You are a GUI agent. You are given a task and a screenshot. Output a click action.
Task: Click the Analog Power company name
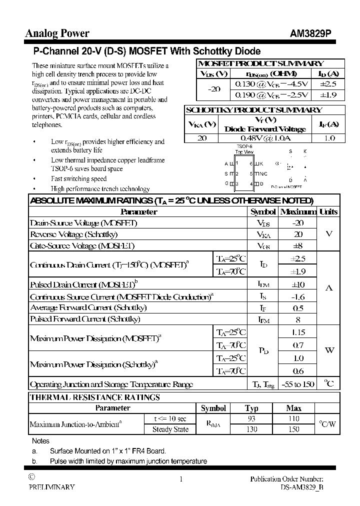pyautogui.click(x=57, y=33)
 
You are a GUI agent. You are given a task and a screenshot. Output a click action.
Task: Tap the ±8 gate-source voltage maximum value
pyautogui.click(x=297, y=245)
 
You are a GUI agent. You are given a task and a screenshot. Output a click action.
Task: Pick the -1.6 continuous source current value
pyautogui.click(x=297, y=296)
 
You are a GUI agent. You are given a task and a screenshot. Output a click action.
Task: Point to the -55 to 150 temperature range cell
pyautogui.click(x=298, y=384)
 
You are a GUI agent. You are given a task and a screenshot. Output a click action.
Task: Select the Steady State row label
pyautogui.click(x=170, y=429)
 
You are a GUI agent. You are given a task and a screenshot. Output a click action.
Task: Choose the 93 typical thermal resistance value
pyautogui.click(x=251, y=418)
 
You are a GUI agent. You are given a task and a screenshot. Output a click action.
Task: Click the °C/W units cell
pyautogui.click(x=327, y=424)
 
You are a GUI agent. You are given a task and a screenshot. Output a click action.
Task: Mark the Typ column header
pyautogui.click(x=251, y=408)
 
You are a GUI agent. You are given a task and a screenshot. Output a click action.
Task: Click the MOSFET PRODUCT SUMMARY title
pyautogui.click(x=260, y=63)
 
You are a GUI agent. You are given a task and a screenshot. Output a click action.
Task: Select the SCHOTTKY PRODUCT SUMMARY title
pyautogui.click(x=253, y=110)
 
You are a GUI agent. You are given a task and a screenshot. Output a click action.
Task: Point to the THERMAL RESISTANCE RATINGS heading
pyautogui.click(x=95, y=397)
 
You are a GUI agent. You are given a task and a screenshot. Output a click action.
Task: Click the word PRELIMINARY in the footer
pyautogui.click(x=51, y=486)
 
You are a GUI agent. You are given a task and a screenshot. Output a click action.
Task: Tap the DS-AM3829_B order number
pyautogui.click(x=301, y=486)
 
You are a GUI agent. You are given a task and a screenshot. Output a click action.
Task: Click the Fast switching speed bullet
pyautogui.click(x=78, y=178)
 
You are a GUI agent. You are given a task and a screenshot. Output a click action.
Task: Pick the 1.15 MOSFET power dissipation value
pyautogui.click(x=298, y=332)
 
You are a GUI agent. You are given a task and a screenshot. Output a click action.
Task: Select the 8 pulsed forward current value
pyautogui.click(x=297, y=319)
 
